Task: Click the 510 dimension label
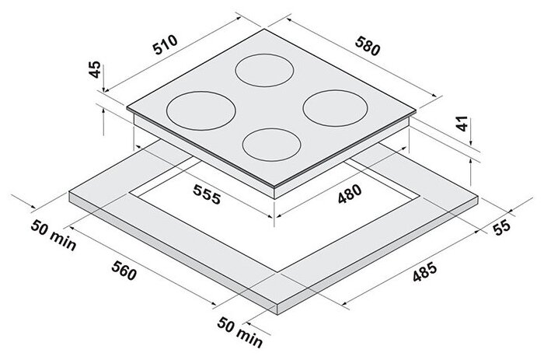[x=166, y=44]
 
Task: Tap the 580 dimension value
[x=368, y=45]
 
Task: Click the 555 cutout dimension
[x=207, y=194]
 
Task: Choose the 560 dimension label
[x=124, y=271]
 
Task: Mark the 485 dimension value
[x=424, y=272]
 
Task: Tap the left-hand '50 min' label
[x=53, y=236]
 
